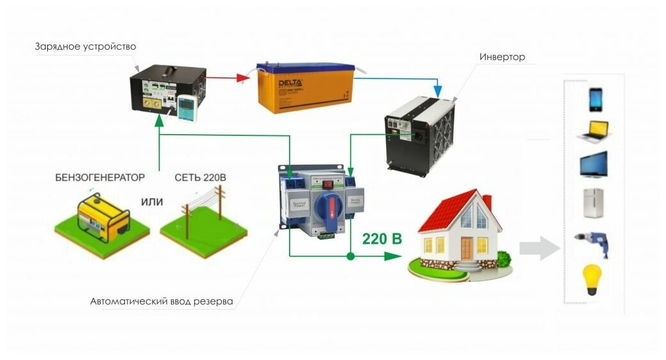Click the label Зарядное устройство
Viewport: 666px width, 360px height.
(x=85, y=47)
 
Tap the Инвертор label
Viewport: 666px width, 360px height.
(x=502, y=57)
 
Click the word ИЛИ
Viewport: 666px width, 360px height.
(x=152, y=202)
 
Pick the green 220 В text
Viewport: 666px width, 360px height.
(x=382, y=239)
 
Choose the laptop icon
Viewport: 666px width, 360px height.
(x=595, y=132)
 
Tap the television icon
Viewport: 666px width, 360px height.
(x=594, y=165)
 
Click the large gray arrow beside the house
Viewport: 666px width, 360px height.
(x=537, y=247)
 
